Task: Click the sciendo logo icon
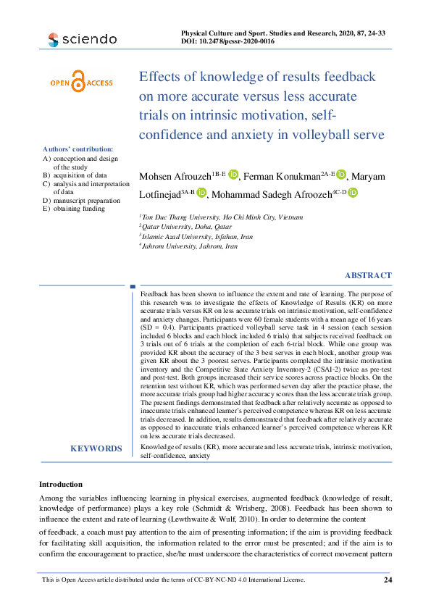point(52,39)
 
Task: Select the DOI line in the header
point(227,42)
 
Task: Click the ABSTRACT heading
point(368,275)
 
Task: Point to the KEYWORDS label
point(96,448)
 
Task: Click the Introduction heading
point(61,484)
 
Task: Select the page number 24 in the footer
point(388,580)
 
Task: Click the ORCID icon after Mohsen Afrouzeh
point(234,175)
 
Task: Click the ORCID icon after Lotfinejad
point(202,192)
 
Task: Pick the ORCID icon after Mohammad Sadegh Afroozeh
point(353,192)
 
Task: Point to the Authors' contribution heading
point(78,149)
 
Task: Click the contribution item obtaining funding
point(79,209)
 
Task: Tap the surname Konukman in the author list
point(295,177)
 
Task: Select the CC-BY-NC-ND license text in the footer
point(174,580)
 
